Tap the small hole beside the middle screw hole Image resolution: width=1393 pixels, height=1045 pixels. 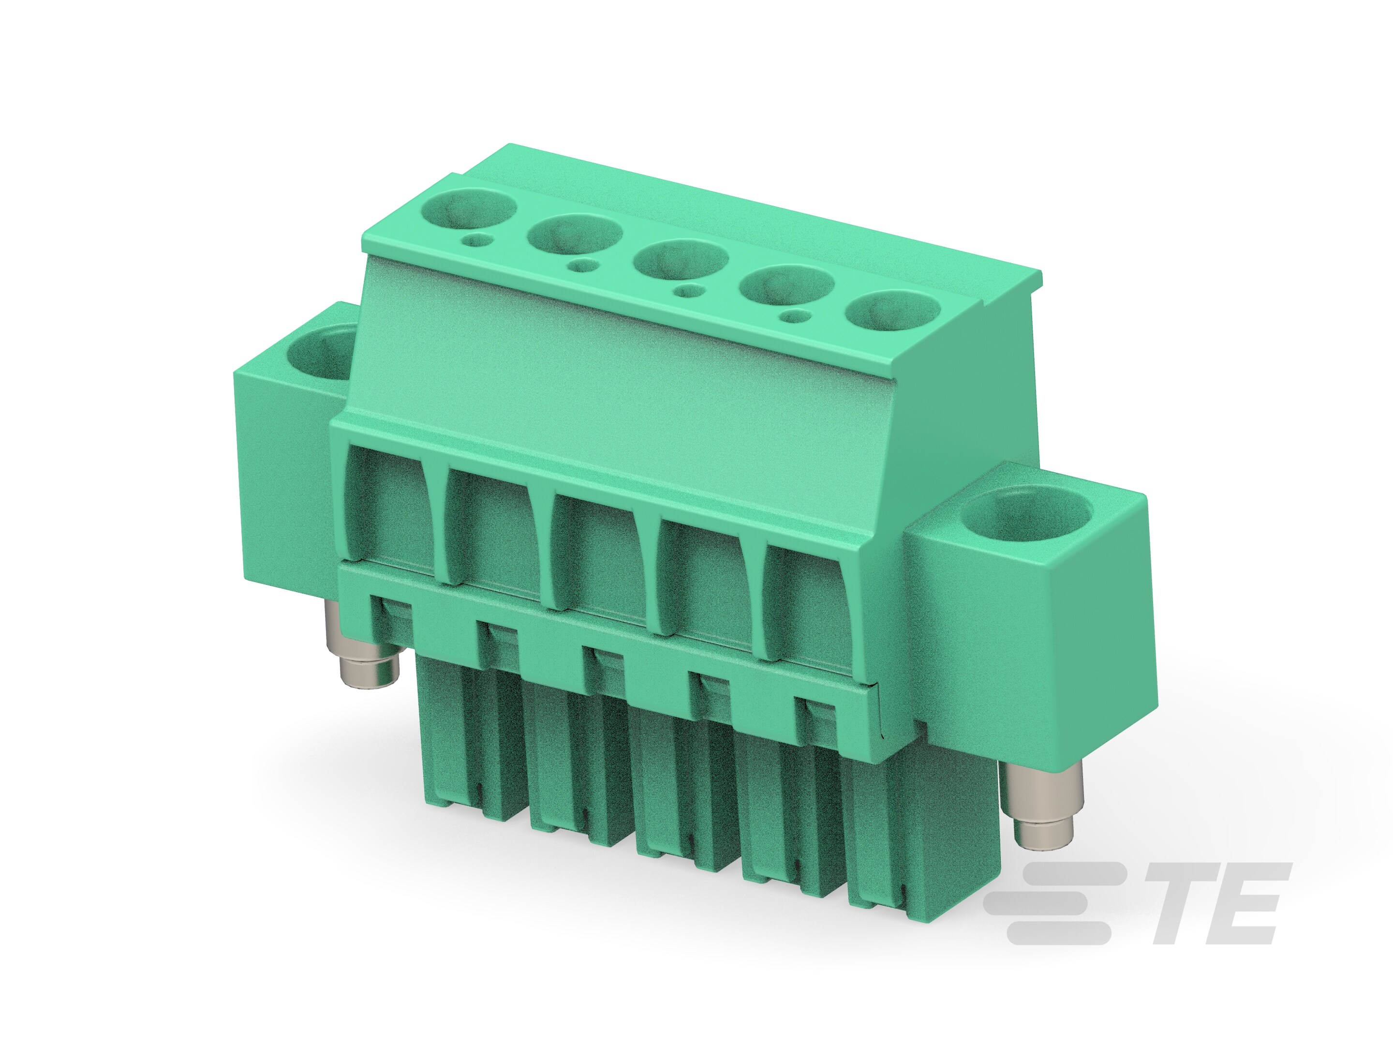[692, 292]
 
